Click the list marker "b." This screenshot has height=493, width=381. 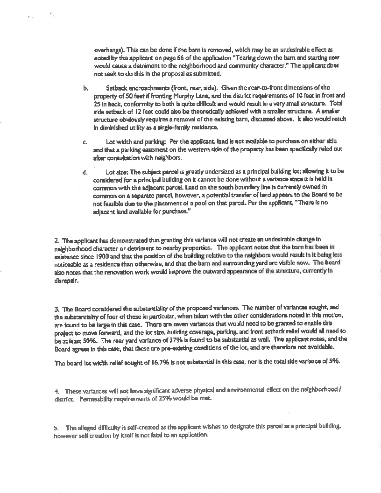click(85, 87)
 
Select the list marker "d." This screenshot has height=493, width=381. click(85, 172)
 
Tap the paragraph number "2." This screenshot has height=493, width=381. click(57, 240)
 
